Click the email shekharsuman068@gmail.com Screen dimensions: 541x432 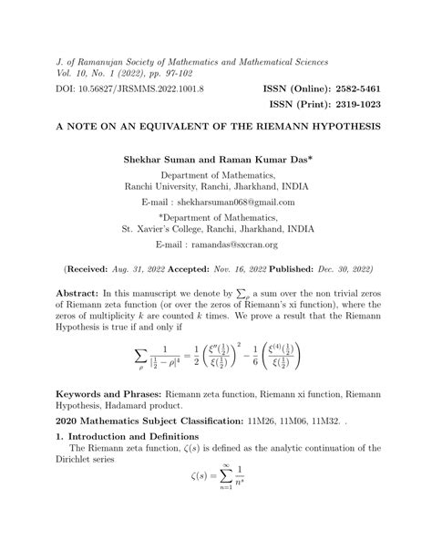pyautogui.click(x=231, y=200)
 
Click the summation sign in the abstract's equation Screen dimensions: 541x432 pyautogui.click(x=140, y=353)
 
